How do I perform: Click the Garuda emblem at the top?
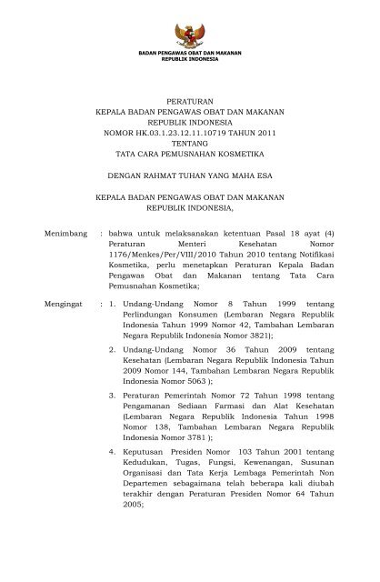coord(190,31)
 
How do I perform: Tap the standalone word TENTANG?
coord(190,144)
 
